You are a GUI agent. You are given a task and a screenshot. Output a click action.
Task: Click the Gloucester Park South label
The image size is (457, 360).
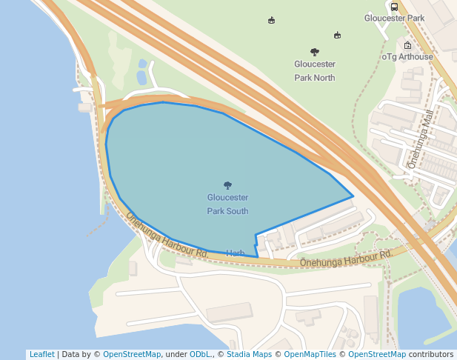[227, 204]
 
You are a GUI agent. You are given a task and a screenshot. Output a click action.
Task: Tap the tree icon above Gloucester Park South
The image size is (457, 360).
[227, 185]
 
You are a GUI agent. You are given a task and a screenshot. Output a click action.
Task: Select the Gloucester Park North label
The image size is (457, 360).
[315, 71]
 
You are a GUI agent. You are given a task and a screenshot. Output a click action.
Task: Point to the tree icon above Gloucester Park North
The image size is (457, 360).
[315, 52]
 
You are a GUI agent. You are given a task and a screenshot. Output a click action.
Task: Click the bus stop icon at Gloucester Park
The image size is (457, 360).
[394, 7]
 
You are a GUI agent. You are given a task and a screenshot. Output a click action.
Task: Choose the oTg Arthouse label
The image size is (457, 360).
[407, 56]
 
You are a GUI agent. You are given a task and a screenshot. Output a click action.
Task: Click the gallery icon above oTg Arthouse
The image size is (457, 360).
[407, 45]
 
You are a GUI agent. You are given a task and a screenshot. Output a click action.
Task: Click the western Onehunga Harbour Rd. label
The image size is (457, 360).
[167, 236]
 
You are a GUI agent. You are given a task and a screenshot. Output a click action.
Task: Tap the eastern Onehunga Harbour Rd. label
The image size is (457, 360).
[346, 259]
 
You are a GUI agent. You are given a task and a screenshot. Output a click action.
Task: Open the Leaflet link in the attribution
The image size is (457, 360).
[41, 355]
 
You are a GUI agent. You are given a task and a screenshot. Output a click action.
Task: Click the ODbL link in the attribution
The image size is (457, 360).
[200, 355]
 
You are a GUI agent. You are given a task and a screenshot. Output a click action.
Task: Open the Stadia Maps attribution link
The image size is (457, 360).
[249, 355]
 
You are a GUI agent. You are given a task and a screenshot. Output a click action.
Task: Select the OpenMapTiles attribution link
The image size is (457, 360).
[310, 355]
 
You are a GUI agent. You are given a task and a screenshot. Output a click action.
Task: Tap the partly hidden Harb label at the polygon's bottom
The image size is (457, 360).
[236, 253]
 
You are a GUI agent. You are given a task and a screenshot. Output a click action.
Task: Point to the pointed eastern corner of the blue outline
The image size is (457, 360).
[353, 197]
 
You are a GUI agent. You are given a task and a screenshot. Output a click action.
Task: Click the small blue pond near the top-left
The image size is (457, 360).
[141, 77]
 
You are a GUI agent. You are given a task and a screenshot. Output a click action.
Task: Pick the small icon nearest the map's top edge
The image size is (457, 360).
[272, 20]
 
